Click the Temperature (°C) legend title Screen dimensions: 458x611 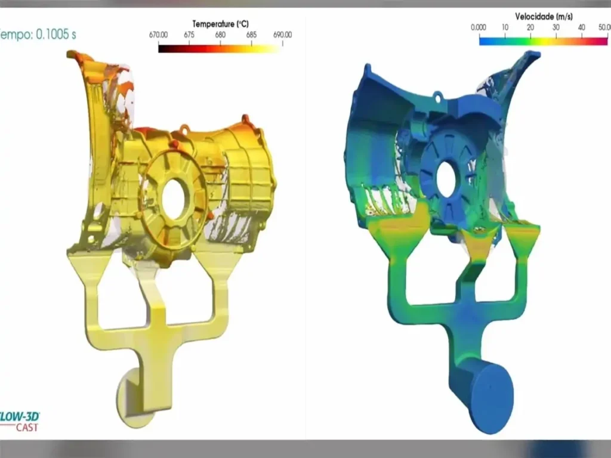220,24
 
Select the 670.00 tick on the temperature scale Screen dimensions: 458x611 158,35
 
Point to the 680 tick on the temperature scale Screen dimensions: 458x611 220,35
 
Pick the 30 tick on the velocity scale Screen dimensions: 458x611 556,27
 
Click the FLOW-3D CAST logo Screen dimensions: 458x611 18,420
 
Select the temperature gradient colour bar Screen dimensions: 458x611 220,48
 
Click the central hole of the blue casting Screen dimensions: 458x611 446,178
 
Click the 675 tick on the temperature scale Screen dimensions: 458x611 189,35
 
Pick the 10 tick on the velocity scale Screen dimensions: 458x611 504,27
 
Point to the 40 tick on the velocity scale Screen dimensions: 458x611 582,27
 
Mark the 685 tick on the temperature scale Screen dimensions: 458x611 251,35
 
